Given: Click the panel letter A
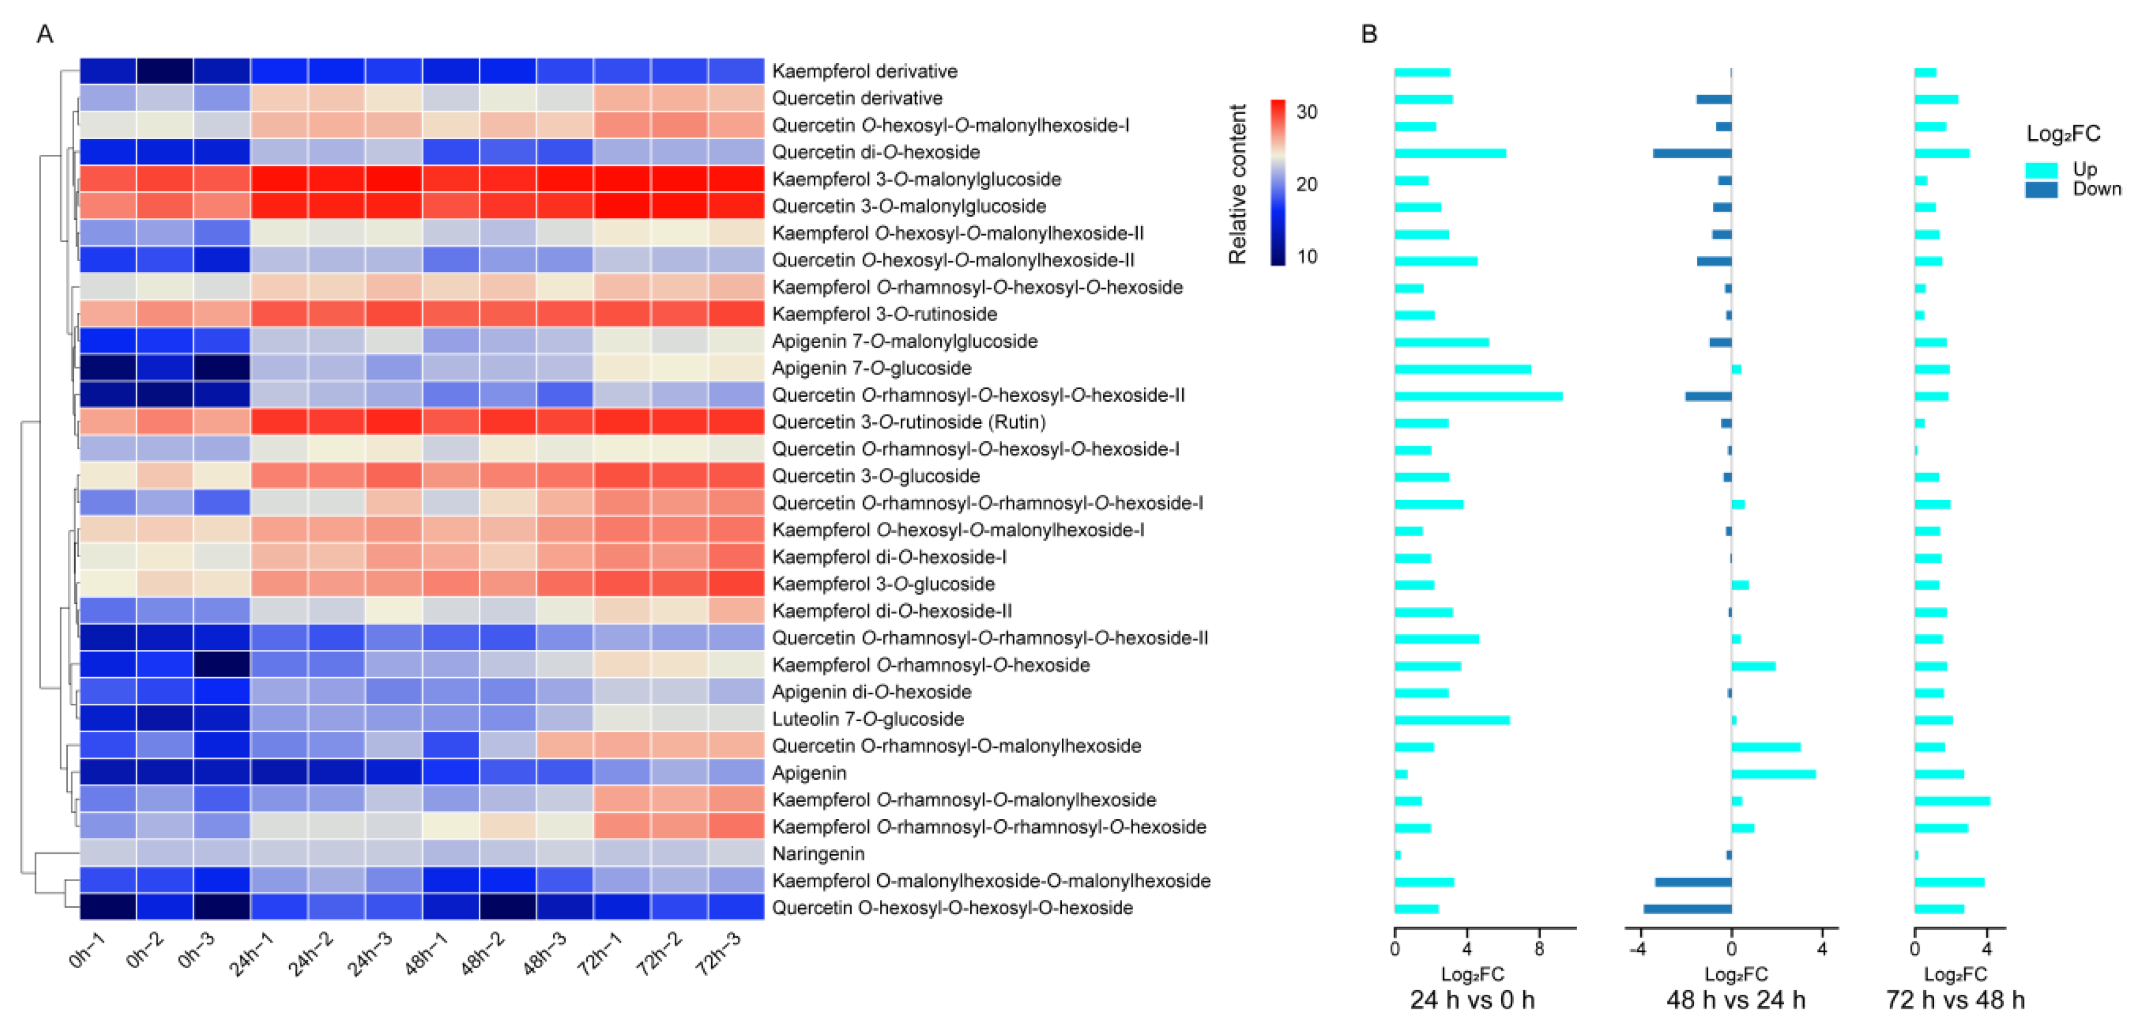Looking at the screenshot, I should [45, 34].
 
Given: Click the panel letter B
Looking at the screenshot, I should [1368, 34].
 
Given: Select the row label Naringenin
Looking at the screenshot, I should [818, 853].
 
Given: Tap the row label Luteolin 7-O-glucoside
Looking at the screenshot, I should [868, 719].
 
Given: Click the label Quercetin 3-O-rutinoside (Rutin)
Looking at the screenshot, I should [908, 422].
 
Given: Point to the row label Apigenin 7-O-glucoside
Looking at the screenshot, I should [871, 368].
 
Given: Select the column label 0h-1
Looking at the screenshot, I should [87, 950].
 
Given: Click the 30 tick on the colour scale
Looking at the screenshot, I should [1306, 112].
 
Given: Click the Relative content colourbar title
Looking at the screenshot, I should [1237, 184].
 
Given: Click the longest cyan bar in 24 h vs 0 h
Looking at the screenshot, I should [1478, 397].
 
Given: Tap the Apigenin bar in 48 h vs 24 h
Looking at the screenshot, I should [1773, 774].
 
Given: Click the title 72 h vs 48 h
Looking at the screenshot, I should [1955, 1000].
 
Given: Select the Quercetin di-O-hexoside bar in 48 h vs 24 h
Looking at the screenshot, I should [1692, 153].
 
